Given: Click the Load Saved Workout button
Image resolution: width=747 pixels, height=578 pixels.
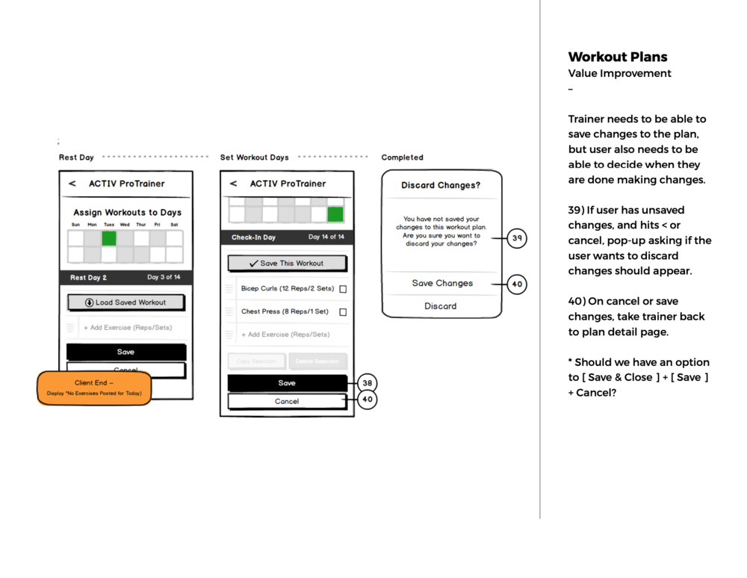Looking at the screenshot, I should (x=125, y=302).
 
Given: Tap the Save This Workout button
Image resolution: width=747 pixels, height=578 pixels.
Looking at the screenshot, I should (x=287, y=264).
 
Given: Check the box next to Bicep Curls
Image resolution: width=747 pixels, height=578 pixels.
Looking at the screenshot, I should (x=343, y=289).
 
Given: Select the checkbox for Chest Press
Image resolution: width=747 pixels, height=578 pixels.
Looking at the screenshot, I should (x=343, y=312).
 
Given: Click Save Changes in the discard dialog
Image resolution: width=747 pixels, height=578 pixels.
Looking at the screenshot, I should (x=442, y=284).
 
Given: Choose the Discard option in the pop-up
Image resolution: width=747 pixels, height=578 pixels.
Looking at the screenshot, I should (x=441, y=306).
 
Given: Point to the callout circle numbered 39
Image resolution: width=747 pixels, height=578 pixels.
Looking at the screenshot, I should (x=517, y=239).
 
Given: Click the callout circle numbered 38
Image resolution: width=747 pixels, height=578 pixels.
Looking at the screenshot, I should (x=367, y=383).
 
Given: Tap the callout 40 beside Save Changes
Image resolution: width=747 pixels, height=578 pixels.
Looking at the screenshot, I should (x=517, y=284).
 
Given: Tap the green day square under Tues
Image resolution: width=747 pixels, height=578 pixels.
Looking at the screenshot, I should (x=109, y=238).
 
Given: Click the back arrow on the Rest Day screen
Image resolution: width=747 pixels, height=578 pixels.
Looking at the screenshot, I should (x=72, y=184).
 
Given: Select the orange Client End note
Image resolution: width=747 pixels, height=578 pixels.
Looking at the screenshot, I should (x=94, y=388).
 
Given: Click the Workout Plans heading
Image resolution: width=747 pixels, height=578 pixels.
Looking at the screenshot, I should (x=618, y=57).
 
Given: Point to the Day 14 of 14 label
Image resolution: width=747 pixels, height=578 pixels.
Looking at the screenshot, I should (x=326, y=237).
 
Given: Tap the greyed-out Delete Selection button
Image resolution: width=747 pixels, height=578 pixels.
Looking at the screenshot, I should (x=317, y=361).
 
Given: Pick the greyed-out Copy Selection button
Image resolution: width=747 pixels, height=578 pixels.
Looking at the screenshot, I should (x=256, y=361).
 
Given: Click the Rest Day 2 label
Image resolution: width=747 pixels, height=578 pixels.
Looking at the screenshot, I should (x=89, y=278).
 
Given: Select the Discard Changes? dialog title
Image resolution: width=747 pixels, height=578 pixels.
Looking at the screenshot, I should (x=441, y=185).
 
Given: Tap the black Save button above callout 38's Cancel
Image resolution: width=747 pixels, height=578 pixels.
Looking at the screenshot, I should (x=287, y=383).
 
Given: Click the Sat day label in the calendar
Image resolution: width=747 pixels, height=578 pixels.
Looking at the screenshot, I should (x=174, y=225).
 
